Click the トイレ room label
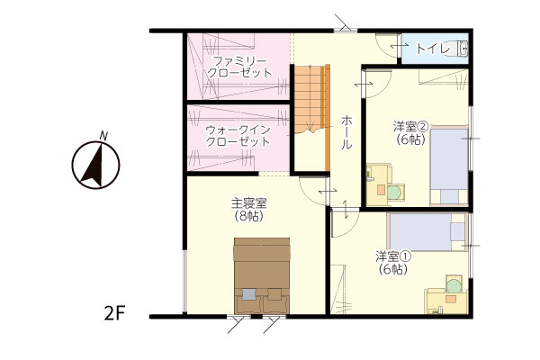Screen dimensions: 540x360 click(x=433, y=49)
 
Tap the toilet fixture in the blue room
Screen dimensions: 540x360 click(x=463, y=49)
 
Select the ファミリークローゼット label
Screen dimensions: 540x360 click(x=239, y=67)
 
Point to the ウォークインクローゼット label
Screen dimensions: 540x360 click(x=238, y=136)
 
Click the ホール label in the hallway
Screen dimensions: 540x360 click(x=346, y=132)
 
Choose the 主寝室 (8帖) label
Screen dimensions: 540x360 click(x=249, y=210)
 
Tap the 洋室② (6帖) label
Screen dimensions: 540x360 click(x=410, y=132)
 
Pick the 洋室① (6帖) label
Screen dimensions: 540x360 click(x=393, y=263)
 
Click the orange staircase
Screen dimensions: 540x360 click(x=310, y=99)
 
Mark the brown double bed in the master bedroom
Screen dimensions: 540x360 click(x=262, y=275)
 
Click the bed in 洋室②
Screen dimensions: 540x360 click(x=449, y=166)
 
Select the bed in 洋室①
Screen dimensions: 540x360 click(x=427, y=232)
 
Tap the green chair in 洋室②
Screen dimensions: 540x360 click(x=396, y=192)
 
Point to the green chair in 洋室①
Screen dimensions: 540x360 click(x=454, y=284)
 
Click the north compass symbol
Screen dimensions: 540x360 click(x=95, y=165)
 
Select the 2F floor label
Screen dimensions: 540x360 click(x=114, y=313)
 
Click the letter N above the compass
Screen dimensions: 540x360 click(x=103, y=135)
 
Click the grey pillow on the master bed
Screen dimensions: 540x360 click(x=249, y=294)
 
